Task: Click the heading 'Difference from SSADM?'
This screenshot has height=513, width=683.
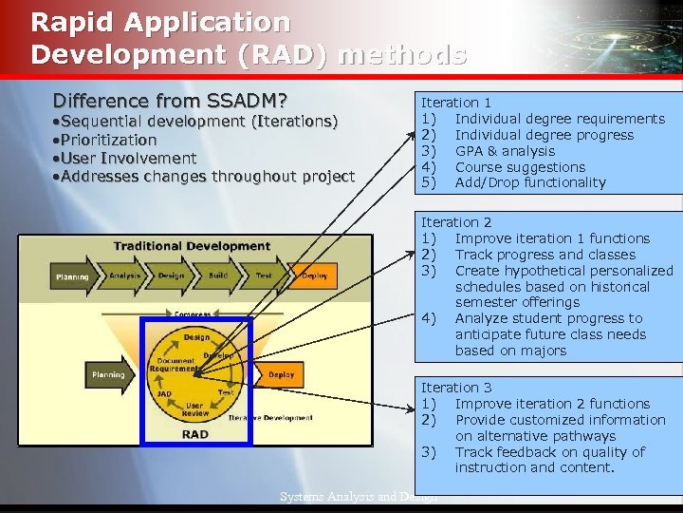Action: pos(171,101)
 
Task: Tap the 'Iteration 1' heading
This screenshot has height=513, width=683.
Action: pos(456,102)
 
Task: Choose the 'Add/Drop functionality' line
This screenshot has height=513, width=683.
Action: pos(529,182)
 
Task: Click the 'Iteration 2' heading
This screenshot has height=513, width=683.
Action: pos(456,221)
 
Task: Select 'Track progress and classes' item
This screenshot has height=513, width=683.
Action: pos(545,254)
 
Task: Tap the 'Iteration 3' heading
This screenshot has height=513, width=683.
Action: pos(456,387)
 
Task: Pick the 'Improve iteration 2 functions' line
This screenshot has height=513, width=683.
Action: pos(552,403)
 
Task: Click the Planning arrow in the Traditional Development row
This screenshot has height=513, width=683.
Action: pos(73,276)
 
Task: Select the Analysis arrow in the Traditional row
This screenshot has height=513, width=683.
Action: pos(125,276)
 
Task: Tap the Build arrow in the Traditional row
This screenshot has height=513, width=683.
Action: pos(219,276)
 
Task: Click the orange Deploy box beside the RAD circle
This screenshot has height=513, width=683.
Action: pos(281,374)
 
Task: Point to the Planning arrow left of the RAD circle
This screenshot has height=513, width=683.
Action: pos(109,374)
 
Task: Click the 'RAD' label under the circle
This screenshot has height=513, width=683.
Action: pos(194,434)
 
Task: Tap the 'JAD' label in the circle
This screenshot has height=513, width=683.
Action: pos(164,393)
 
